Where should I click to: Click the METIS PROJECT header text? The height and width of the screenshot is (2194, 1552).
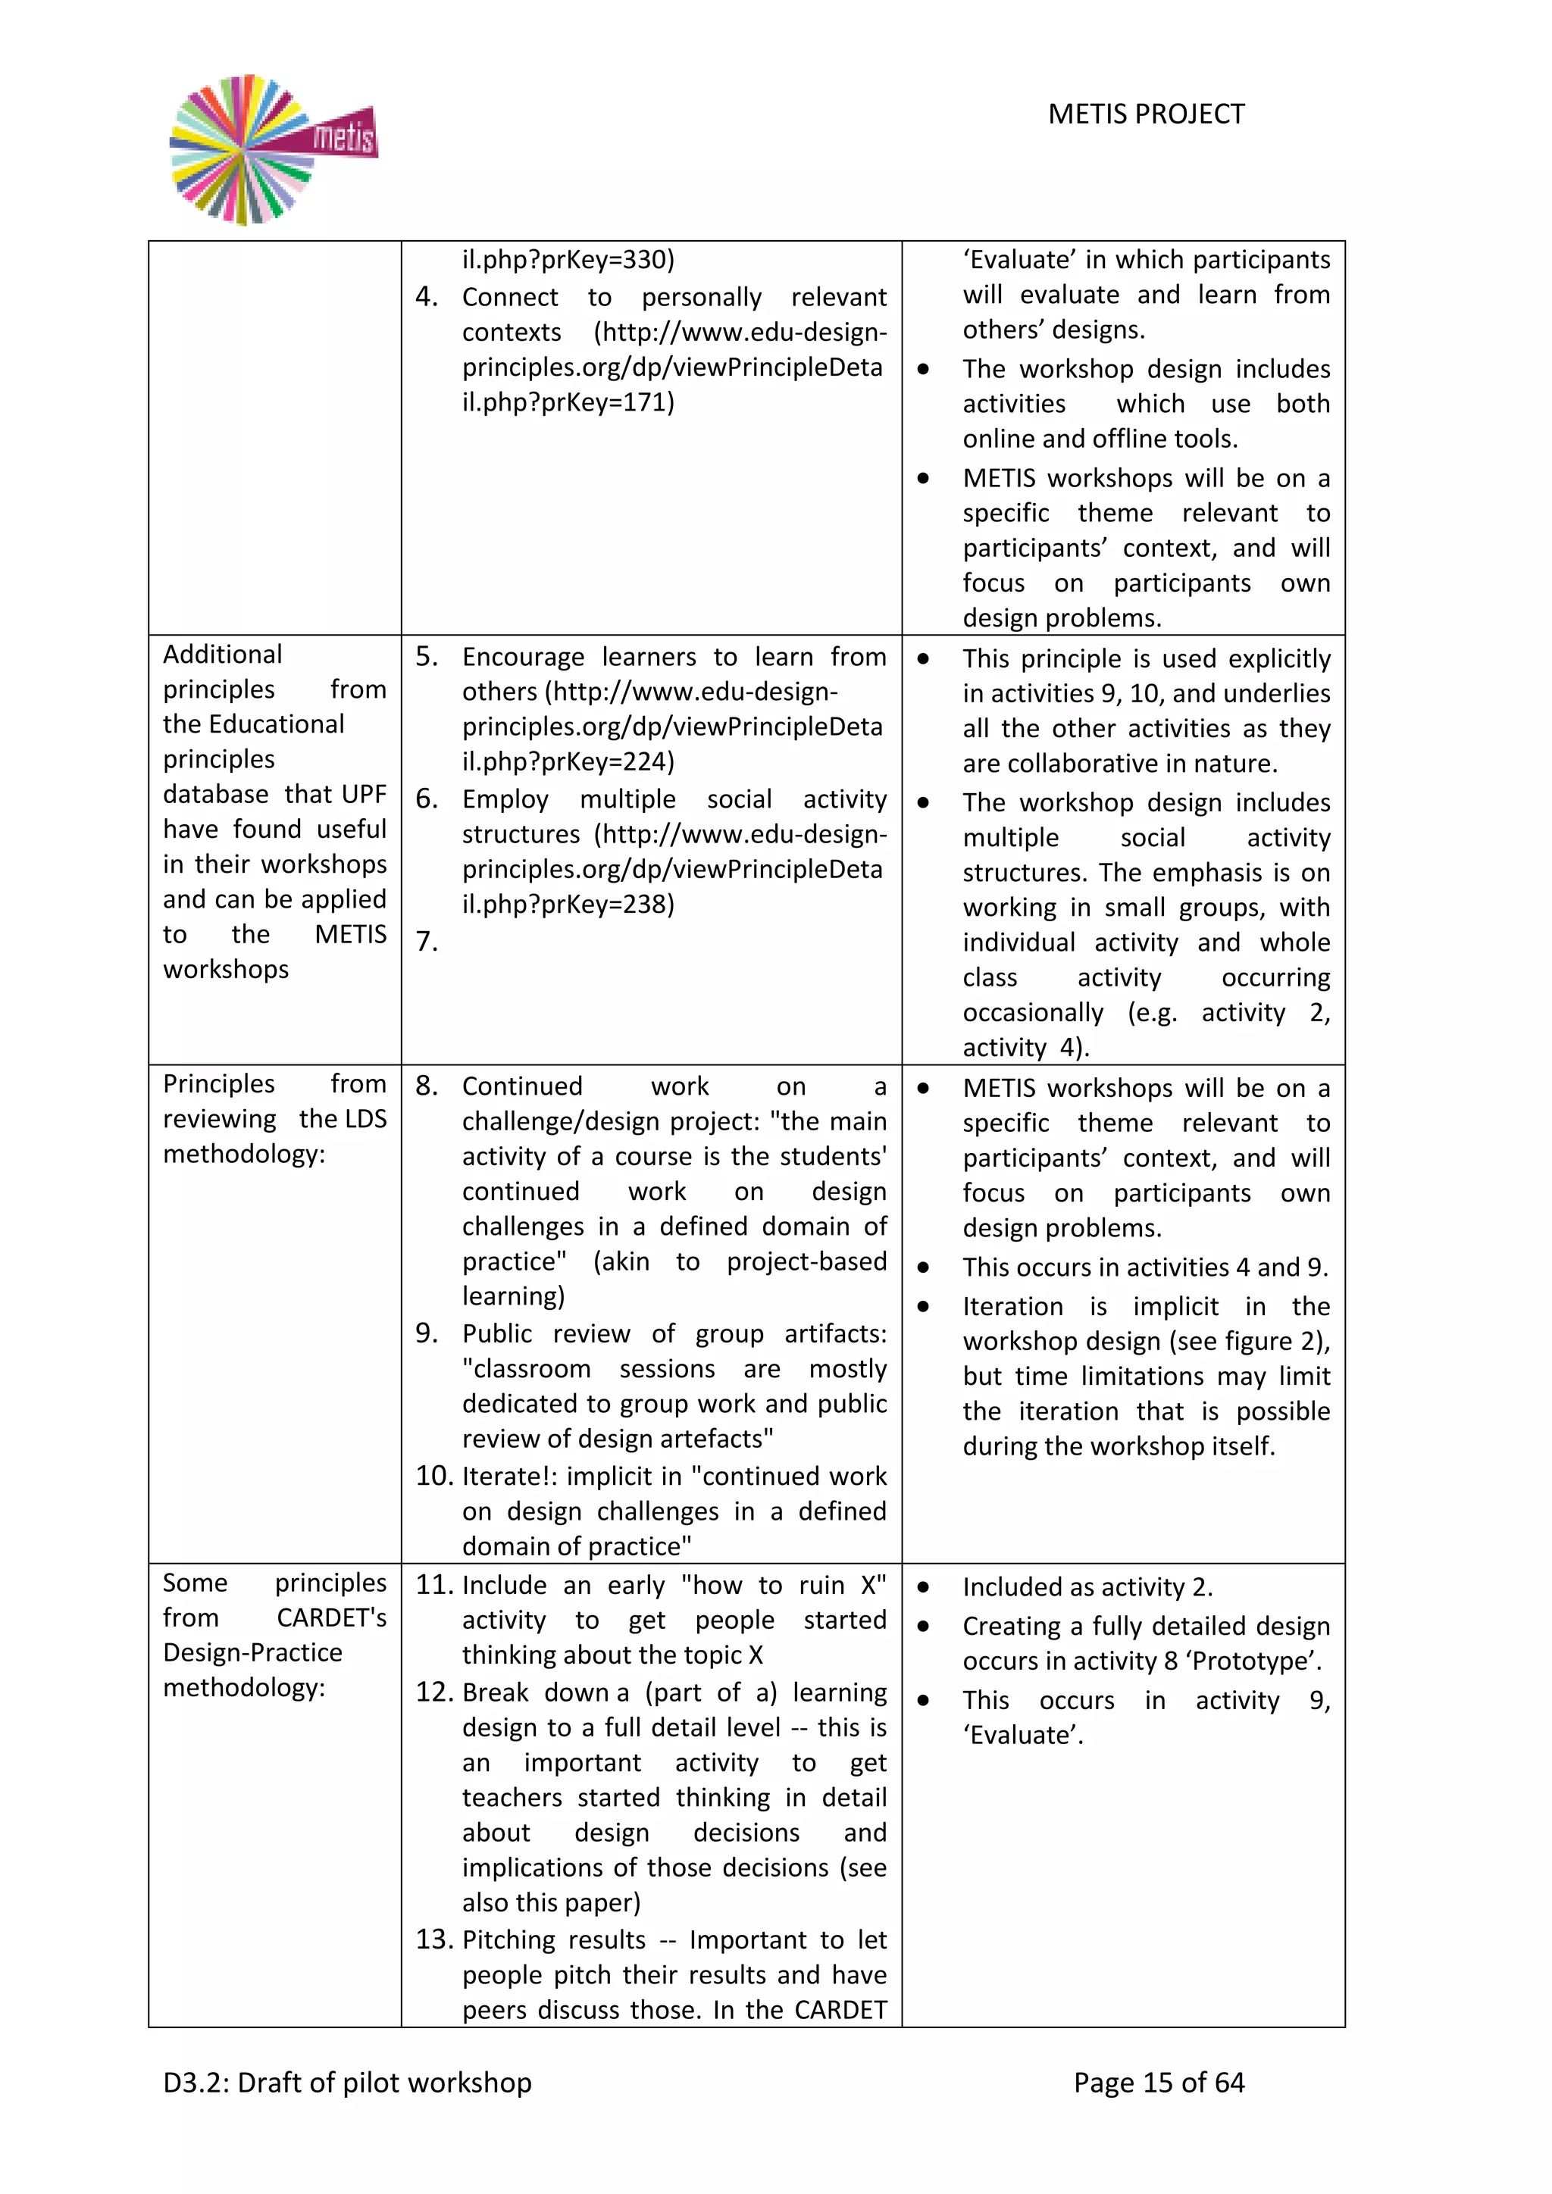(x=1146, y=114)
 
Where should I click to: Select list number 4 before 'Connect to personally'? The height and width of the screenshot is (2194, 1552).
(x=426, y=297)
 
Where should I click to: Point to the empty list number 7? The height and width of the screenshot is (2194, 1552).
(x=426, y=942)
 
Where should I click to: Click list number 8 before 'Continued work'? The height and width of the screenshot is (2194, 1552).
(x=426, y=1086)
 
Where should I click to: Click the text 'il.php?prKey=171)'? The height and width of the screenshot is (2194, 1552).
(x=568, y=402)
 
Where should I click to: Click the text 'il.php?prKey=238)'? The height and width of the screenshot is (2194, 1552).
(x=568, y=904)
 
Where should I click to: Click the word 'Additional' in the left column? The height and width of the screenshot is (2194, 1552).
(x=223, y=655)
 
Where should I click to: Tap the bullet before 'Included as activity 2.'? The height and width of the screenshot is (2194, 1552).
(x=923, y=1587)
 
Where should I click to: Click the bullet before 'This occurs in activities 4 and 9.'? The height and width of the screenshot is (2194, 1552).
(x=923, y=1268)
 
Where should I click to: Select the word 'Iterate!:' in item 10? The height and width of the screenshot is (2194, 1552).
(x=509, y=1477)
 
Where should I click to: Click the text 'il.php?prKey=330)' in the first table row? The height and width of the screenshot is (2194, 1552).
(x=568, y=260)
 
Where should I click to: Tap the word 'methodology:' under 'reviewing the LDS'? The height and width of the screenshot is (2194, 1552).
(x=244, y=1155)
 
